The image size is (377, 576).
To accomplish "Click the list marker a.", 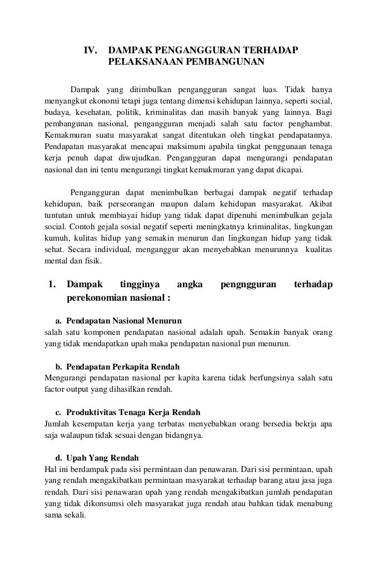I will [x=59, y=321].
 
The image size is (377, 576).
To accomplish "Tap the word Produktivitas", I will [x=91, y=412].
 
